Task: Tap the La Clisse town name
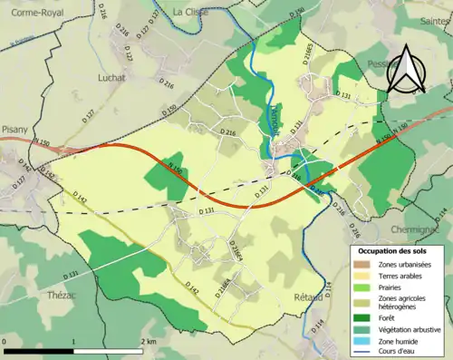point(190,12)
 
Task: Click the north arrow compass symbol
point(406,69)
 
